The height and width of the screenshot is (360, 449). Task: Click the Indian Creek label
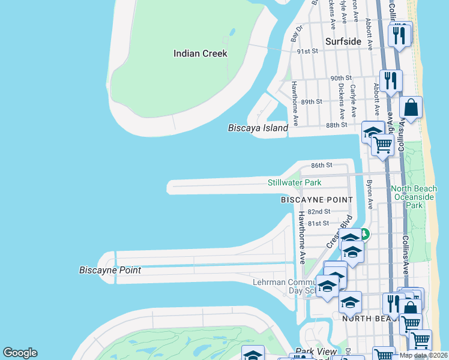point(200,53)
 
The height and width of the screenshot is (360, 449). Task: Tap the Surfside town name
point(343,41)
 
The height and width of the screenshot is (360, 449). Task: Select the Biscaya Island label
point(258,128)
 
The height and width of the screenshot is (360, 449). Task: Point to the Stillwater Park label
point(294,182)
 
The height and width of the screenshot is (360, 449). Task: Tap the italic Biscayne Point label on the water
point(110,270)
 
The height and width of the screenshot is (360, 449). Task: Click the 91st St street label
point(307,52)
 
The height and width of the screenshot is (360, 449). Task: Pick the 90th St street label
point(340,78)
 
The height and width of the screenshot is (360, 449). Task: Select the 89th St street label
point(312,102)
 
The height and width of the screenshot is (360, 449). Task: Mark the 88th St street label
point(336,125)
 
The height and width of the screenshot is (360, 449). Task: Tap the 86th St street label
point(321,165)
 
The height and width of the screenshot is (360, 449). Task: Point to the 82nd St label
point(319,212)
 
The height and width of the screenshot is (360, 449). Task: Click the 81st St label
point(319,223)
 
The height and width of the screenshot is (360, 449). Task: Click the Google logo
point(20,353)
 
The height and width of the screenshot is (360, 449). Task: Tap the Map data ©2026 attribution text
point(423,355)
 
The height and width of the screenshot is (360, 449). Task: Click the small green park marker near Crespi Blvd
point(364,235)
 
